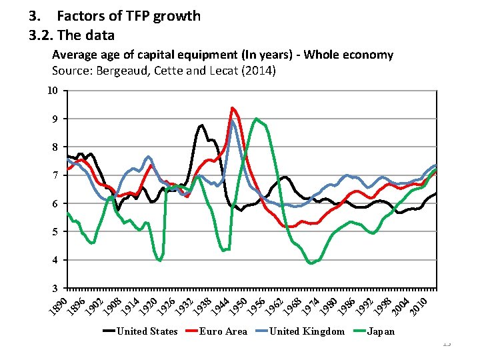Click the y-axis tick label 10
click(x=53, y=91)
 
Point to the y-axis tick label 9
click(x=56, y=119)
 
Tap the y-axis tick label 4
click(x=56, y=259)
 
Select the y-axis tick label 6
click(x=56, y=203)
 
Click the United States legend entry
click(x=147, y=331)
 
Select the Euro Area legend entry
click(x=223, y=331)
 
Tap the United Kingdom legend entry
click(x=307, y=331)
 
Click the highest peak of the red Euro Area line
click(x=232, y=108)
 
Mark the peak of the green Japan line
click(x=256, y=119)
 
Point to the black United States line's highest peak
click(x=201, y=125)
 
